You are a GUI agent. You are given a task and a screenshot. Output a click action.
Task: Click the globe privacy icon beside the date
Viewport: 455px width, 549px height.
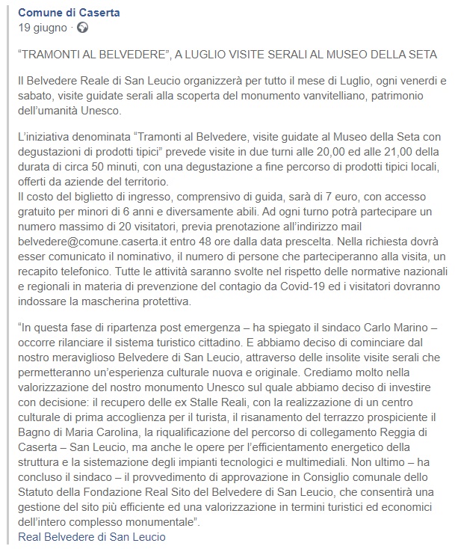click(x=81, y=28)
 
